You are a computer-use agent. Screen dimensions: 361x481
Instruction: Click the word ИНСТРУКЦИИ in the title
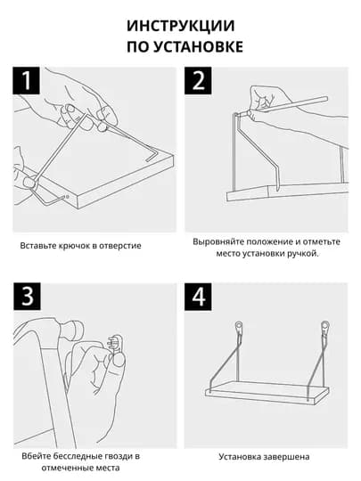click(x=180, y=26)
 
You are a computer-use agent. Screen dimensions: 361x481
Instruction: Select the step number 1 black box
click(x=27, y=80)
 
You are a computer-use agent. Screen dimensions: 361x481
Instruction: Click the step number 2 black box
click(x=198, y=80)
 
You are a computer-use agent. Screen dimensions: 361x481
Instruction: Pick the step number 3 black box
click(x=27, y=297)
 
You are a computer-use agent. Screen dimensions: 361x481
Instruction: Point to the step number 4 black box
click(x=198, y=297)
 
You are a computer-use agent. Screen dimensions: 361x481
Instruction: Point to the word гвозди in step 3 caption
click(x=116, y=456)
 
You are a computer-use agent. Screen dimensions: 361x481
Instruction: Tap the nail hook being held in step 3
click(x=115, y=344)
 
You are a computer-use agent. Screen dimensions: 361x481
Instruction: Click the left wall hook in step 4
click(x=239, y=329)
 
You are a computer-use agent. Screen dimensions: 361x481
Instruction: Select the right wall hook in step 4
click(x=325, y=329)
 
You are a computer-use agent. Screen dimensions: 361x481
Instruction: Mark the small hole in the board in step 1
click(x=68, y=197)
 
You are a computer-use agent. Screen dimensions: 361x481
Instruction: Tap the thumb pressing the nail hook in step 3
click(x=118, y=361)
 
